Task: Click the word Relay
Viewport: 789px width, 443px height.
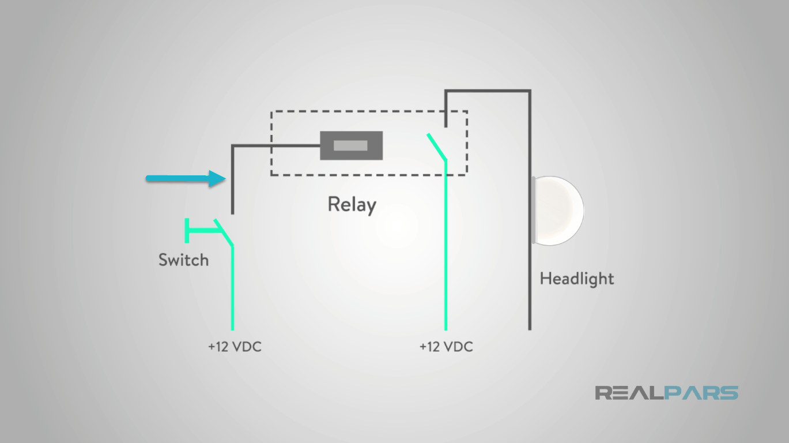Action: pos(352,205)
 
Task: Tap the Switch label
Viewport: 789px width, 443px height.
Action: pos(183,260)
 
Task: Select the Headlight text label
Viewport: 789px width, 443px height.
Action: pos(576,279)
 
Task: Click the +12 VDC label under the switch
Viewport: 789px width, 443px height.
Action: pos(234,347)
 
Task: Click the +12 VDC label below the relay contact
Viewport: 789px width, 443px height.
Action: pos(446,347)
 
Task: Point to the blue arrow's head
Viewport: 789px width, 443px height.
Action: pos(217,179)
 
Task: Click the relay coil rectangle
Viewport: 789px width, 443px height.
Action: pos(352,146)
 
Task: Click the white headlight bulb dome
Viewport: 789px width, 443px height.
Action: pos(558,210)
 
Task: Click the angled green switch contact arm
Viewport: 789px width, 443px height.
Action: pos(224,233)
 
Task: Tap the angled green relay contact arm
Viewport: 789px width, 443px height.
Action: pos(436,147)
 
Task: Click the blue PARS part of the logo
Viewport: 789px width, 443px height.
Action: pos(701,393)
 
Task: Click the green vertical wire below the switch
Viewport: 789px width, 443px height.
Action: pos(232,288)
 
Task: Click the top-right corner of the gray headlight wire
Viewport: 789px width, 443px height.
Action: pos(529,91)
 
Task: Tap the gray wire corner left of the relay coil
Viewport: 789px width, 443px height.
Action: pos(233,146)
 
